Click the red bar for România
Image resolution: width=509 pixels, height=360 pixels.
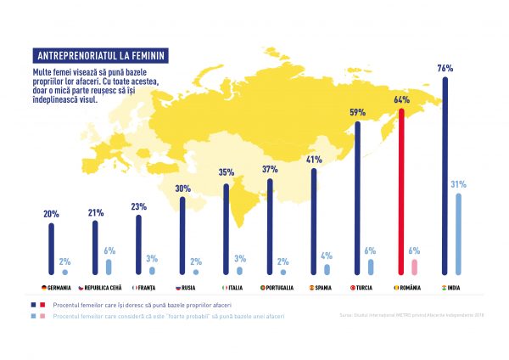[402, 191]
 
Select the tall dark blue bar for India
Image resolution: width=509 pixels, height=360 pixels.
[446, 174]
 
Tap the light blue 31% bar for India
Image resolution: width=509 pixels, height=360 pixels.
[459, 233]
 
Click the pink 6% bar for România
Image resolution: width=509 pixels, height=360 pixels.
[415, 267]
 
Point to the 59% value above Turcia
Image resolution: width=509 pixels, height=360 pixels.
[357, 111]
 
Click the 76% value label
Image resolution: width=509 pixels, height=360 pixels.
[445, 67]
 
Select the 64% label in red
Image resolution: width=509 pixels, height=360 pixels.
[401, 99]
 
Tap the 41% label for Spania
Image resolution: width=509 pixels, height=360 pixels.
[314, 159]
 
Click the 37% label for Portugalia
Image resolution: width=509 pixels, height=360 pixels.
[270, 169]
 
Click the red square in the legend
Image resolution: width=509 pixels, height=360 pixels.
[40, 304]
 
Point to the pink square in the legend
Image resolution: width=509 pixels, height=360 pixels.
[40, 315]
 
